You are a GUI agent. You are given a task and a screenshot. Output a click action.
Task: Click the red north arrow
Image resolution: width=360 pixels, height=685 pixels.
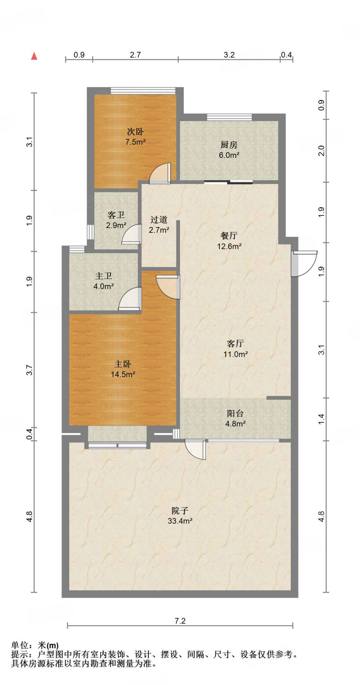pos(34,56)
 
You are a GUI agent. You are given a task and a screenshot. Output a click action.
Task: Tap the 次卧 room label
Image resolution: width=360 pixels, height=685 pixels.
pos(136,131)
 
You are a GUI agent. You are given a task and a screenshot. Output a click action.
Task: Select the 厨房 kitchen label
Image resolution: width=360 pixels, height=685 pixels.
pos(229,145)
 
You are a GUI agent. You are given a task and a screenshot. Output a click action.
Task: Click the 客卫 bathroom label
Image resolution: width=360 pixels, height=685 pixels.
pos(116,215)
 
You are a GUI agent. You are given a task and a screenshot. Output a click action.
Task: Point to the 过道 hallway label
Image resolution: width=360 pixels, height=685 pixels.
pos(159,219)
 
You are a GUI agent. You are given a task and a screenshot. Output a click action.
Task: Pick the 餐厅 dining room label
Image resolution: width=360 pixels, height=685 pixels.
pos(229,235)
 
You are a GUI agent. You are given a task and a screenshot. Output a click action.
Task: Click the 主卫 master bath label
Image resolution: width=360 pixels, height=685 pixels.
pos(104,276)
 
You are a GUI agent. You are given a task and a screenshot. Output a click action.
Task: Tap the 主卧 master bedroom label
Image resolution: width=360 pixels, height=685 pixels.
pos(123,364)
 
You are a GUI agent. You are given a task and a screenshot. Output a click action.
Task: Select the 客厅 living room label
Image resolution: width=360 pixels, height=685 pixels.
pos(236,344)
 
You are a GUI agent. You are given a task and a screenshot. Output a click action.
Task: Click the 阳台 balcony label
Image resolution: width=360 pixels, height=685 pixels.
pos(236,413)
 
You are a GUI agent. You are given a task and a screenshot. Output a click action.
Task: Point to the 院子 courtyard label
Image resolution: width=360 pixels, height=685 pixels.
pos(180,510)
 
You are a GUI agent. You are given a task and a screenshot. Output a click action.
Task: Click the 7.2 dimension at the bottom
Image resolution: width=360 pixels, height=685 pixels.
pos(180,621)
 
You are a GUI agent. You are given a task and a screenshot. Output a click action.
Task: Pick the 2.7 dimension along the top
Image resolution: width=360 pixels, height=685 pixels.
pos(136,55)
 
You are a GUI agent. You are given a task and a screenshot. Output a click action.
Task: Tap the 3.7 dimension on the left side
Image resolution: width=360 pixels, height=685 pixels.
pos(30,370)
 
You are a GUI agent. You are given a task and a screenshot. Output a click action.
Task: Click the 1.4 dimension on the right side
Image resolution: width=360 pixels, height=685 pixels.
pos(322,419)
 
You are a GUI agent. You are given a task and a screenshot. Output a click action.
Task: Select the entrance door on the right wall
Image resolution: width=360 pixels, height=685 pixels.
pos(304,264)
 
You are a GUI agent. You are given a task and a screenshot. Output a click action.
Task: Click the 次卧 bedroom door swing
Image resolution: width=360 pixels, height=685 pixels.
pos(160,173)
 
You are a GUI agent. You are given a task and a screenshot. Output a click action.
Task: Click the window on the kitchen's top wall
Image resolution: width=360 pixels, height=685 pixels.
pos(230,117)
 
